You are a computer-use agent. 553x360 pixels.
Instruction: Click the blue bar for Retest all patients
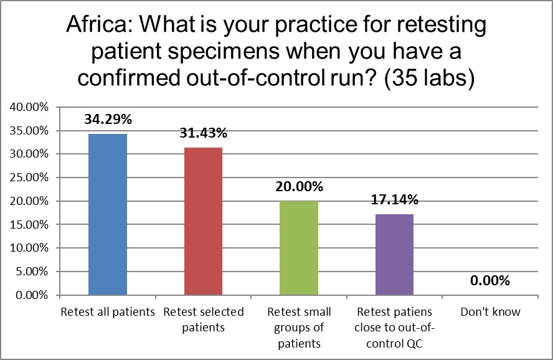click(x=108, y=214)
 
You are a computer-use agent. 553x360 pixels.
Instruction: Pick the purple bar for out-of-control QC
click(x=394, y=254)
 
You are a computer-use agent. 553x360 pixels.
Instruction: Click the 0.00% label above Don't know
click(x=490, y=281)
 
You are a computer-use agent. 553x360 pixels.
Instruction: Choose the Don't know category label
click(x=490, y=311)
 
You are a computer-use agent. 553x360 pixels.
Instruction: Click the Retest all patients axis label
click(x=107, y=311)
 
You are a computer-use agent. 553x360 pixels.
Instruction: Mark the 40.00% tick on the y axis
click(x=29, y=107)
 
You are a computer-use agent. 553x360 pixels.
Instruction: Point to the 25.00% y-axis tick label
click(x=29, y=178)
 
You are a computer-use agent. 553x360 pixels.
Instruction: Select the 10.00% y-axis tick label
click(x=29, y=248)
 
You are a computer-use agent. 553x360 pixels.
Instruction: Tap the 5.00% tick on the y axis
click(x=32, y=272)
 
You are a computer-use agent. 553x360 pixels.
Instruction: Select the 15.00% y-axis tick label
click(x=29, y=224)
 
